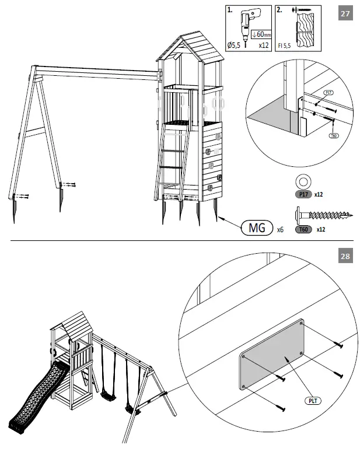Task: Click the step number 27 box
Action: (345, 13)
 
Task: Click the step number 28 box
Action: (345, 256)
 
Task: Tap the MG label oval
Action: (257, 228)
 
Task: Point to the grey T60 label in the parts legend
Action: (302, 229)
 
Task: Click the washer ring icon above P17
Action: (303, 179)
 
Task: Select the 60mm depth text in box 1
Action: (260, 34)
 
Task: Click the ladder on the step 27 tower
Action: (172, 157)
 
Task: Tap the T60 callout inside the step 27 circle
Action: (334, 135)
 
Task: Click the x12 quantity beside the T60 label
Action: (320, 229)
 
